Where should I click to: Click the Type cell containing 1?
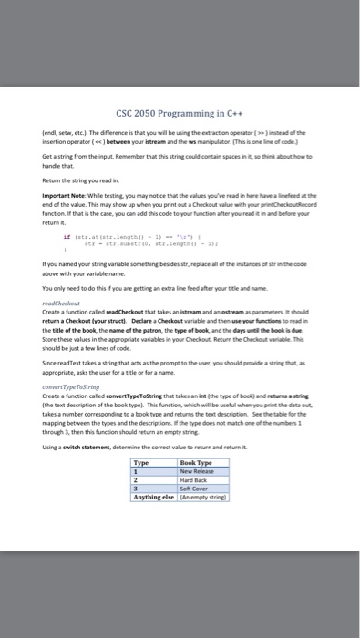coord(137,471)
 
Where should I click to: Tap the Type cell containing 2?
coord(137,480)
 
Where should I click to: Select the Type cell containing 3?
coord(137,489)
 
